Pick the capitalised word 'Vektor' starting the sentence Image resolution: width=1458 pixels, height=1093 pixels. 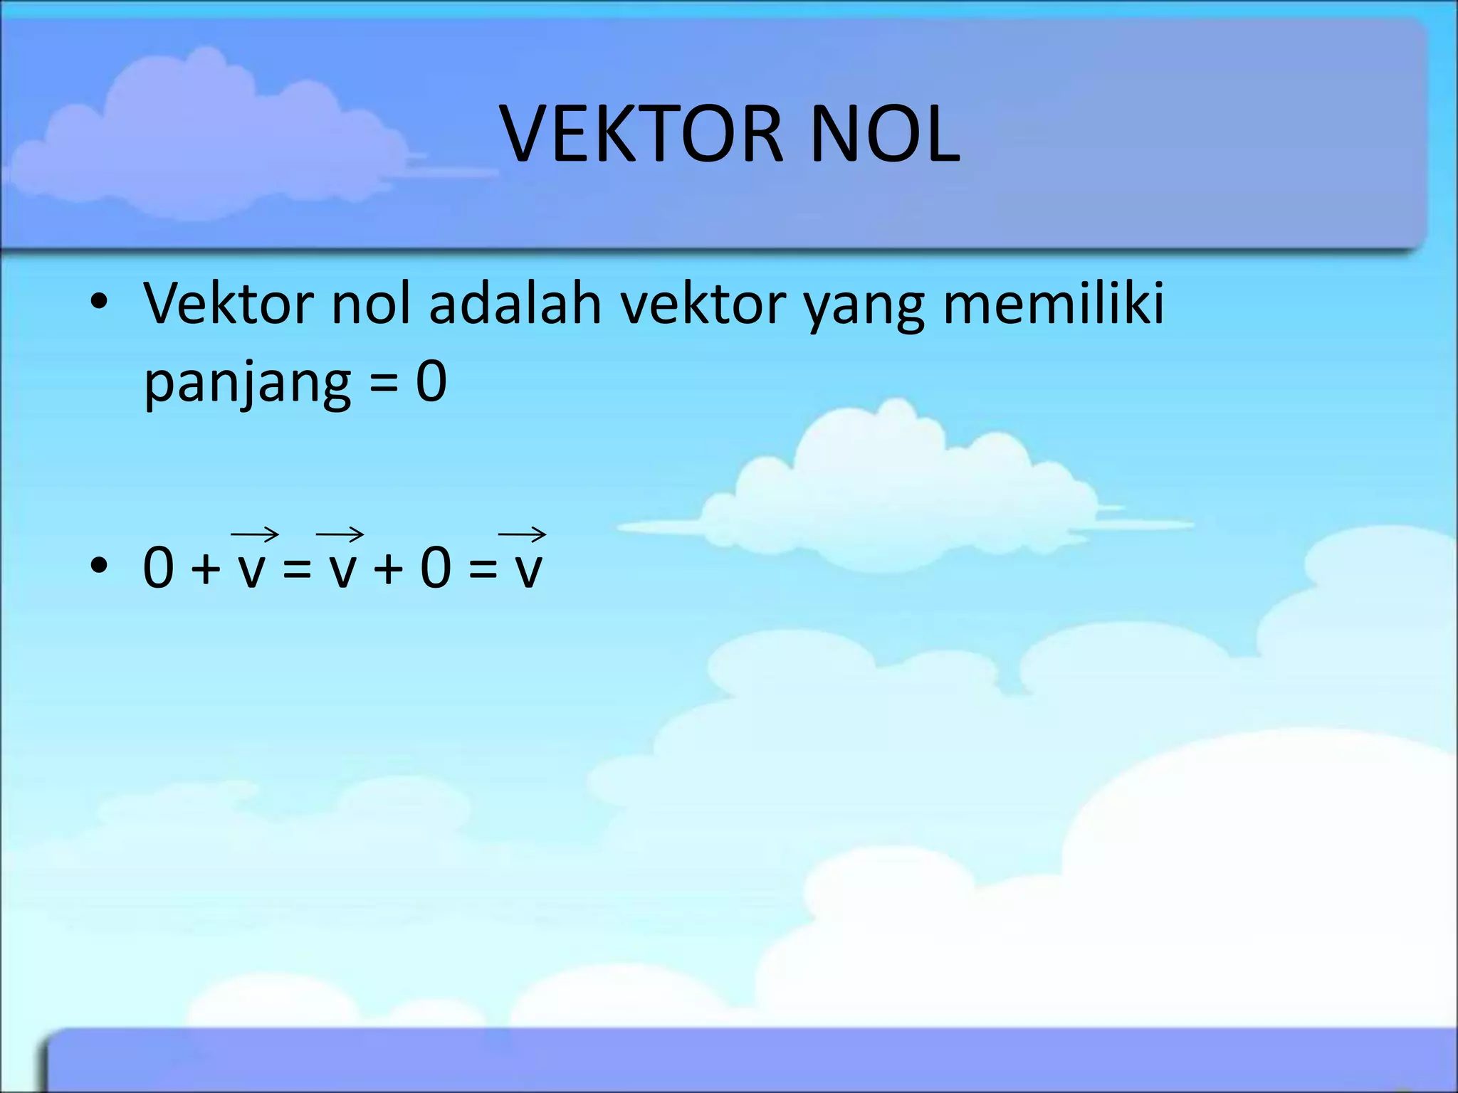(x=228, y=304)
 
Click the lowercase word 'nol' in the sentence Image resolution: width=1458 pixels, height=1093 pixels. (x=371, y=304)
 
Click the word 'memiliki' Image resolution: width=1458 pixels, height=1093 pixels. (x=1053, y=304)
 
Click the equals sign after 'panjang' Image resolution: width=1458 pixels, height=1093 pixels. (x=384, y=384)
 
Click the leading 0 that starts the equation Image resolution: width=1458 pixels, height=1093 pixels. (x=159, y=568)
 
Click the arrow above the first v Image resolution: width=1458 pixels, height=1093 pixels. (x=254, y=534)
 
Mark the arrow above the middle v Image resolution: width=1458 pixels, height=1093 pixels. (x=340, y=534)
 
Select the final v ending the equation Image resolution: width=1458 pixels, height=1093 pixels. (x=528, y=571)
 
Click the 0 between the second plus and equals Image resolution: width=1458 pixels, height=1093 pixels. (x=435, y=568)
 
